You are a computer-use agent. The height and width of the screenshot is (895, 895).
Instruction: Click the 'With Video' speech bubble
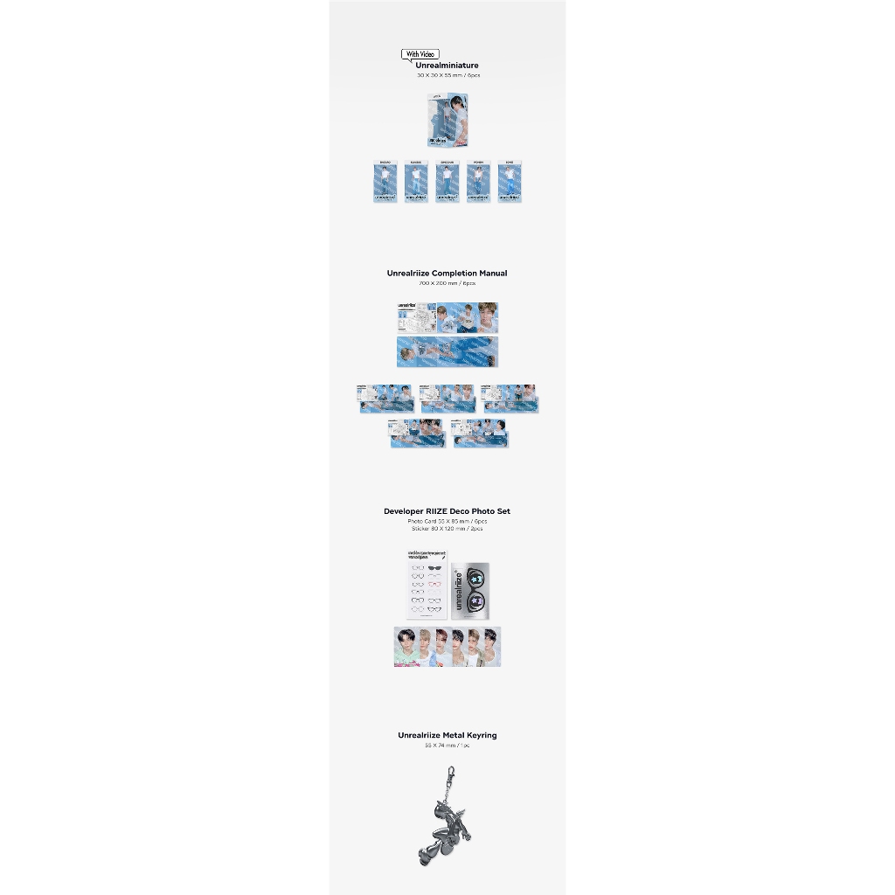coord(420,54)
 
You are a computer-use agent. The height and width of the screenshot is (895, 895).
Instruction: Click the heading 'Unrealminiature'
coord(447,66)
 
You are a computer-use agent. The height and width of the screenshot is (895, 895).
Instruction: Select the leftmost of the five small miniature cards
coord(385,184)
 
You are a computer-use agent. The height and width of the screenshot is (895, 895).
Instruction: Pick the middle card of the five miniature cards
coord(447,184)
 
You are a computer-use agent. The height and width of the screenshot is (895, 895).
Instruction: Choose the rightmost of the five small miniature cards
coord(509,184)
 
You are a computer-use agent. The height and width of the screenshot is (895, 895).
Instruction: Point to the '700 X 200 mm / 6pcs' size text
coord(447,283)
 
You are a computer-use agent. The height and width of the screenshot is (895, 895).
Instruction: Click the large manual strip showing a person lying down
coord(447,351)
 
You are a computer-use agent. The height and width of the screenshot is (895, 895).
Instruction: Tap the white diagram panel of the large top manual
coord(416,319)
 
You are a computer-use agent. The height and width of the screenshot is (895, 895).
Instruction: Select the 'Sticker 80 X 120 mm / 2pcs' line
coord(447,529)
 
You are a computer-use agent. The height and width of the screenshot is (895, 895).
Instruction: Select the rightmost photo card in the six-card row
coord(491,648)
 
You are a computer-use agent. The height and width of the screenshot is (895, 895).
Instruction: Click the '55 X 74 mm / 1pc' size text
coord(447,746)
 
